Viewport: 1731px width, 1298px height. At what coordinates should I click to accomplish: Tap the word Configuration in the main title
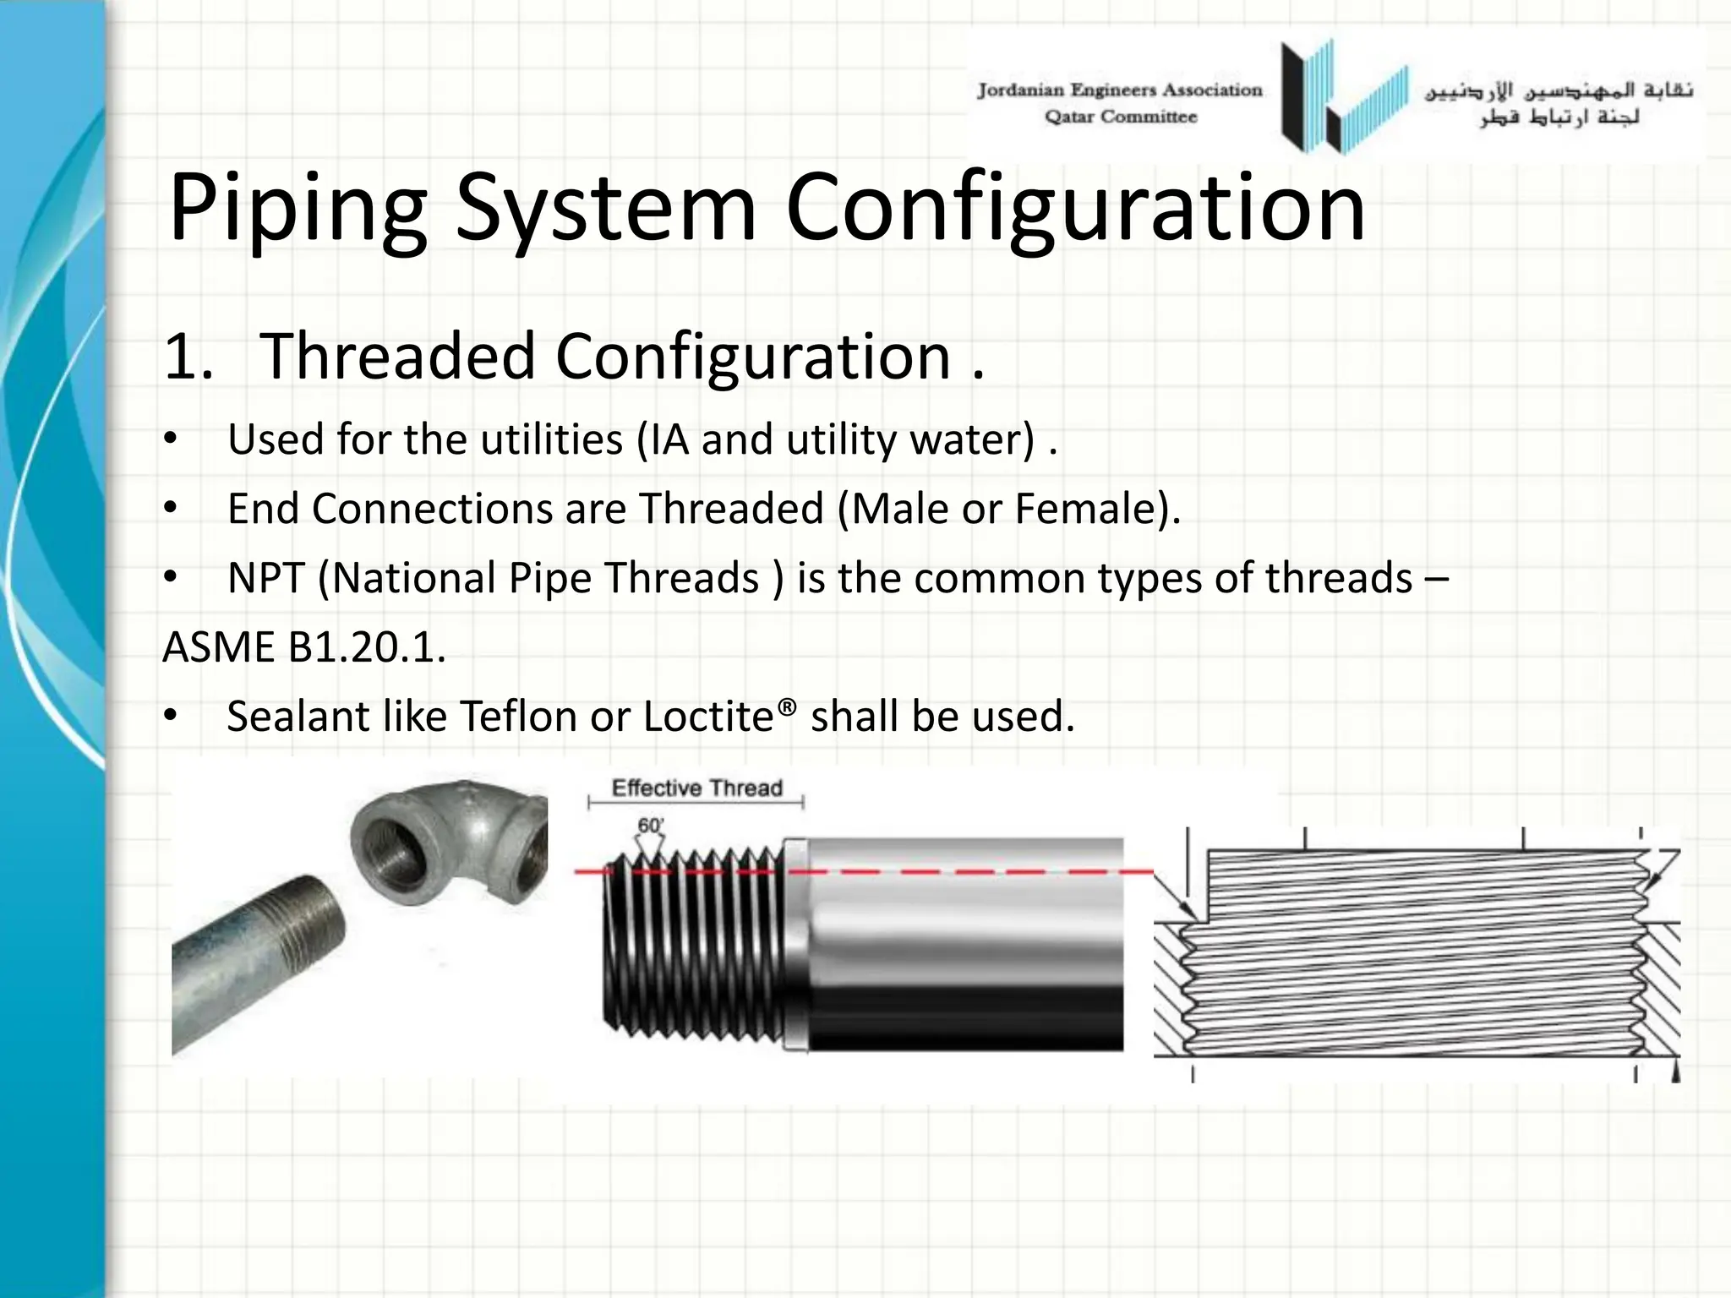[x=1075, y=208]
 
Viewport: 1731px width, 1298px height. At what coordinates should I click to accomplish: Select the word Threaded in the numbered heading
[x=397, y=357]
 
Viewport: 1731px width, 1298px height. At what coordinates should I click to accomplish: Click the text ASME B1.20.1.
[x=303, y=648]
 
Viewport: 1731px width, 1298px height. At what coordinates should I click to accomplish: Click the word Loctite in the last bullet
[x=708, y=717]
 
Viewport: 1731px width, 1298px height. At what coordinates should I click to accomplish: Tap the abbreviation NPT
[x=265, y=579]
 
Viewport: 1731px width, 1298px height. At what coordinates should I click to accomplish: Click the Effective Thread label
[x=696, y=788]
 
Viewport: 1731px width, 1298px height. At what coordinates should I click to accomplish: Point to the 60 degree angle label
[x=650, y=826]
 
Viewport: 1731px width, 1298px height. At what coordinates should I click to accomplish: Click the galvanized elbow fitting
[x=448, y=845]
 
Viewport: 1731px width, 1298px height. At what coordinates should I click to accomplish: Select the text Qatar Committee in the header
[x=1120, y=117]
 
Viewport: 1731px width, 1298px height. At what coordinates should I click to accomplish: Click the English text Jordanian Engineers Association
[x=1120, y=90]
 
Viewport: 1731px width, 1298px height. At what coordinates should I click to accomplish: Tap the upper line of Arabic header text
[x=1559, y=90]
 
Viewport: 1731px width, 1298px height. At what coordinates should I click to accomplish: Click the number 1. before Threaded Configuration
[x=188, y=357]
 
